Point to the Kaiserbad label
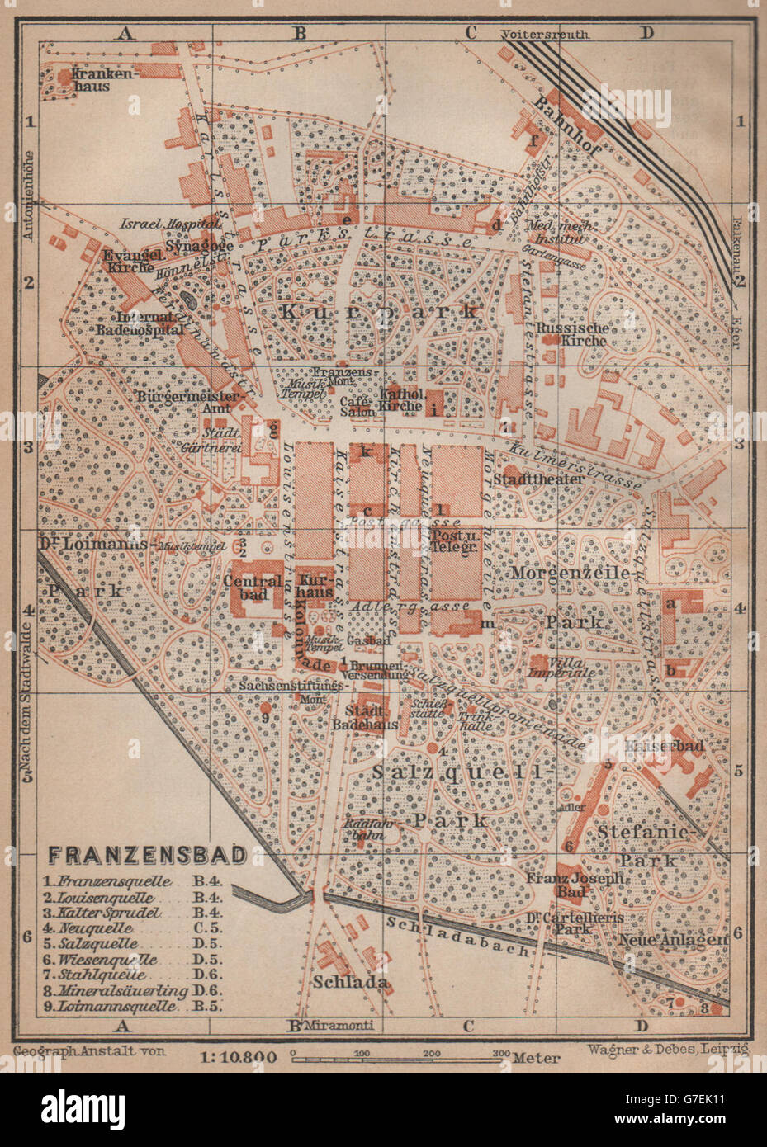pos(676,745)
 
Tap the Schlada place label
pos(350,982)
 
